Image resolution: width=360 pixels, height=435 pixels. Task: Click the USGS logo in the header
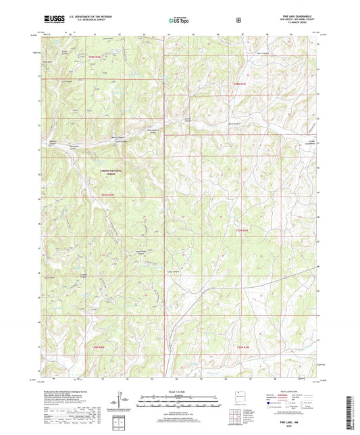pos(53,20)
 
